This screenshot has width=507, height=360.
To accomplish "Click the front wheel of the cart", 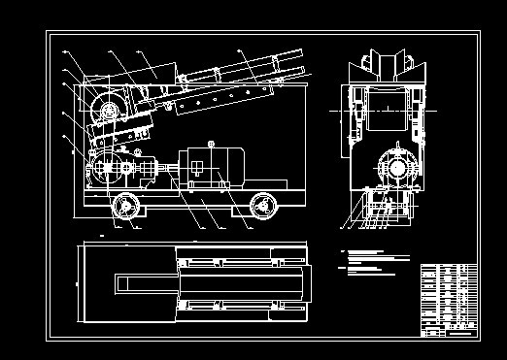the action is (x=124, y=206).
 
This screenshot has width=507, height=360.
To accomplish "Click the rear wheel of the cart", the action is (x=261, y=206).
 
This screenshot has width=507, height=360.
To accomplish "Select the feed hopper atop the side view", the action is (x=155, y=70).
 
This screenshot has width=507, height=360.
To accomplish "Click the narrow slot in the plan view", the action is (x=146, y=283).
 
